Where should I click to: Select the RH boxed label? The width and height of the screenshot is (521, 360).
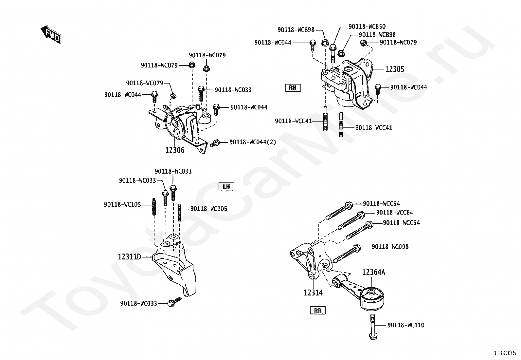tap(293, 88)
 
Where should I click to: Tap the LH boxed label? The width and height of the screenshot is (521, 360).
tap(226, 187)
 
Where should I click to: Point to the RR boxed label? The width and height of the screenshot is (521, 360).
tap(318, 311)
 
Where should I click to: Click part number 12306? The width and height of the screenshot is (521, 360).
tap(175, 150)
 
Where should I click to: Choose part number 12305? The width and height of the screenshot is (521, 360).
tap(394, 69)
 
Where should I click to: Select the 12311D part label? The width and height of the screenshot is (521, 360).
tap(129, 257)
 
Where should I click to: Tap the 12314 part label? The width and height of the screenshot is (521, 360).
tap(313, 293)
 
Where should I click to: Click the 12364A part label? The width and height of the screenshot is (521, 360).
tap(373, 272)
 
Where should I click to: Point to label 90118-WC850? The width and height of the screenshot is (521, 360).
tap(367, 27)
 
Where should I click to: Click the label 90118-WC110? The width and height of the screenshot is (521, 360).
tap(406, 325)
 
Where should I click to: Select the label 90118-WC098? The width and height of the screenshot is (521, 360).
tap(390, 247)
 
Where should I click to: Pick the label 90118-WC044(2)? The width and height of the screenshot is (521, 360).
tap(253, 142)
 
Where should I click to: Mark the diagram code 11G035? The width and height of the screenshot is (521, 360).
tap(505, 353)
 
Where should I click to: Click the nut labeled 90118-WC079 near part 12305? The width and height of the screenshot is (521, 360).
tap(363, 43)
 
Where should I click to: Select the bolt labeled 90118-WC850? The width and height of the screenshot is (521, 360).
tap(333, 52)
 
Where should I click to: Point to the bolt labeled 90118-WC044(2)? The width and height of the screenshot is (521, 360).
tap(215, 143)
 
